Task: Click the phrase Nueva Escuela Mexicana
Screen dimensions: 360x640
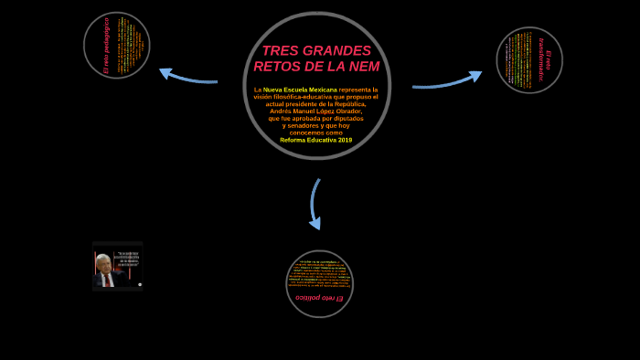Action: pos(300,90)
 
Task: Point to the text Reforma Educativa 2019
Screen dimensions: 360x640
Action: pos(315,140)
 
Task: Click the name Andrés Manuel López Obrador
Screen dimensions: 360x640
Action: pos(315,111)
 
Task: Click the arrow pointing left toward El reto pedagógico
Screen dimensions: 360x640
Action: pos(187,77)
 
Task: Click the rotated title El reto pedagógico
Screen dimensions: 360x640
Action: pos(106,46)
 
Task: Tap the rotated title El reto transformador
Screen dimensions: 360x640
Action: pos(545,60)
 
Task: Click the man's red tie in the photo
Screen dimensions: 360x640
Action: pos(107,279)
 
